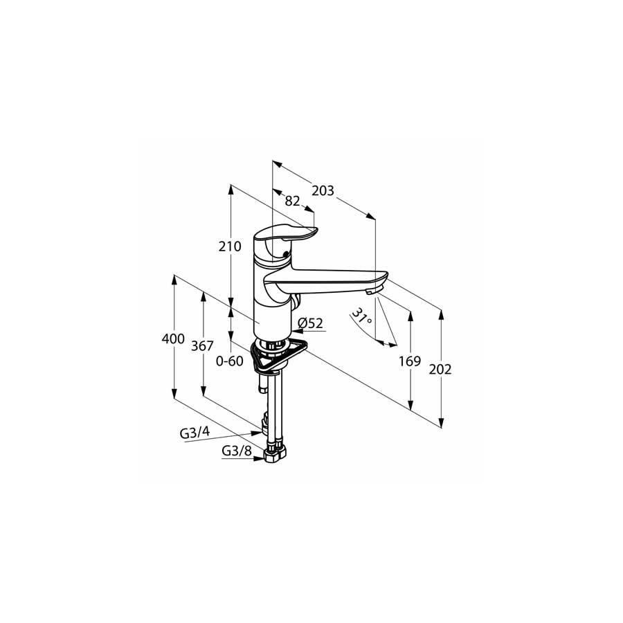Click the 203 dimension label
pyautogui.click(x=323, y=191)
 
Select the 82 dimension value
pyautogui.click(x=292, y=201)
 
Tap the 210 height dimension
pyautogui.click(x=230, y=246)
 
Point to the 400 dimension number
pyautogui.click(x=173, y=338)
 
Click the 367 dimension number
pyautogui.click(x=202, y=345)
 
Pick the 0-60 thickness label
pyautogui.click(x=229, y=361)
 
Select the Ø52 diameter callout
pyautogui.click(x=310, y=323)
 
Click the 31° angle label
pyautogui.click(x=362, y=316)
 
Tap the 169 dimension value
pyautogui.click(x=410, y=361)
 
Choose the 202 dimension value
pyautogui.click(x=440, y=370)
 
